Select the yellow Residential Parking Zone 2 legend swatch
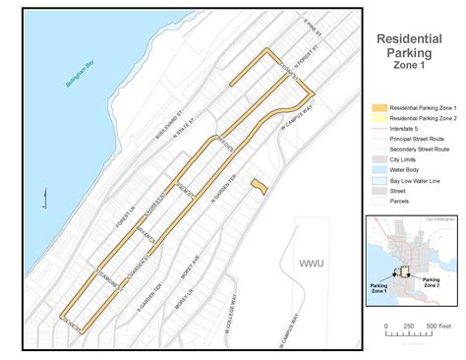(379, 118)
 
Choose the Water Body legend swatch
(379, 168)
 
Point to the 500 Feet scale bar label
(437, 326)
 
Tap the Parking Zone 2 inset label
(431, 283)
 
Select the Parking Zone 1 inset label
(384, 288)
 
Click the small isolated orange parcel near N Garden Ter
(258, 185)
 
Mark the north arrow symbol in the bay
(44, 201)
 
